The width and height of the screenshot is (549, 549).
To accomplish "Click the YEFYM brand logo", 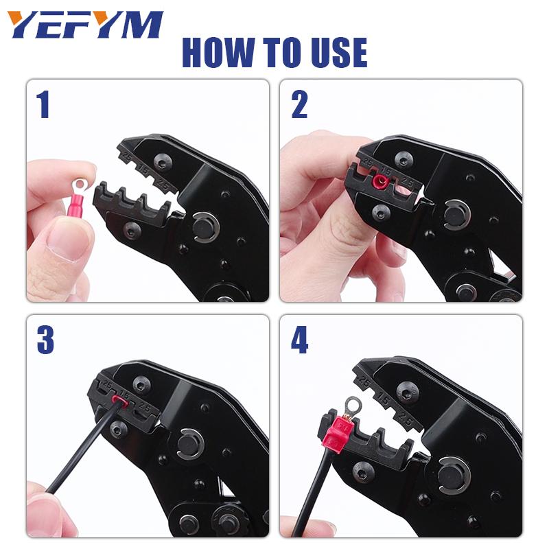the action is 85,25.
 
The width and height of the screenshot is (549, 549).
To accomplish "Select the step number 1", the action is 43,104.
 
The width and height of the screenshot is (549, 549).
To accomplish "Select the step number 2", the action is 299,104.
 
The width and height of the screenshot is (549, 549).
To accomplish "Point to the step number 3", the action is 45,340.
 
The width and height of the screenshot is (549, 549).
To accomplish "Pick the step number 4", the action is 300,340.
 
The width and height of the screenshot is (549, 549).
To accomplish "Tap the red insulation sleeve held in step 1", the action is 77,208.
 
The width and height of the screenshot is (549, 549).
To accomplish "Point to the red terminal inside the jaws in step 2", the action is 380,181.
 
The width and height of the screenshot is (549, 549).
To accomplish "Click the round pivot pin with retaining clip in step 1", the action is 205,227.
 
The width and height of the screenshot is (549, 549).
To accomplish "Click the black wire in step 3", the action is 84,448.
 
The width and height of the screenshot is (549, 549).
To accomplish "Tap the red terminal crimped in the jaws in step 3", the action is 118,401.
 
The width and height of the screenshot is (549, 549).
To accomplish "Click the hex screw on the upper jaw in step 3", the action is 142,386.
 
